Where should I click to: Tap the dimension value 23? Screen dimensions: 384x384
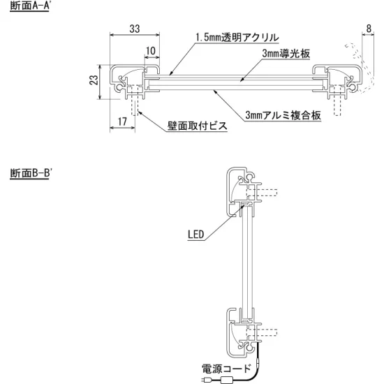pos(94,81)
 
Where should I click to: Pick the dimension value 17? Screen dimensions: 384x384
pos(122,121)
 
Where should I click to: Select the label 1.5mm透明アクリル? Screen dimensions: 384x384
pos(237,37)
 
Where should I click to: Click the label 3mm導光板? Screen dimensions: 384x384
pos(284,53)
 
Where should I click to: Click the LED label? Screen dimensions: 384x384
pos(196,235)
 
